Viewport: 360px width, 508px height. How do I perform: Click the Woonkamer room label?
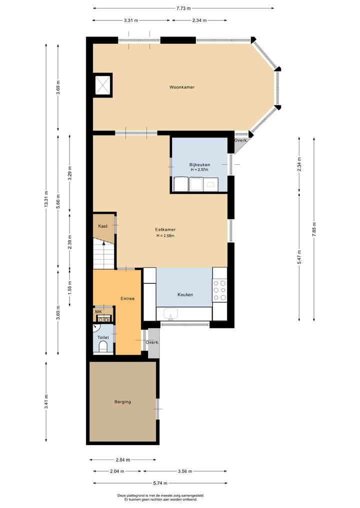coord(181,87)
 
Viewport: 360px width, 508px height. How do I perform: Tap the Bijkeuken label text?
coord(199,164)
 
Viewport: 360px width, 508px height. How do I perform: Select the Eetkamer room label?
coord(165,230)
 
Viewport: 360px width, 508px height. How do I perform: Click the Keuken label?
coord(185,295)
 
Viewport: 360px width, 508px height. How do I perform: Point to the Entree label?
coord(127,299)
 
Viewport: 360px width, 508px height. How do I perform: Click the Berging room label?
coord(122,402)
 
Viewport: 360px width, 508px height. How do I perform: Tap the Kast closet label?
coord(102,226)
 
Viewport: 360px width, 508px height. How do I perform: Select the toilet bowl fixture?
coord(103,346)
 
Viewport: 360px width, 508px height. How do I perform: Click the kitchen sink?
coord(170,315)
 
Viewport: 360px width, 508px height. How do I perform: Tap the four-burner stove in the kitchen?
coord(219,290)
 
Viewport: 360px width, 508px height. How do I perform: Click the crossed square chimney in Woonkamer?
coord(103,85)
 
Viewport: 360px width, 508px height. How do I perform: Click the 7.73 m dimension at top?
coord(183,8)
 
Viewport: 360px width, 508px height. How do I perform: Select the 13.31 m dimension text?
coord(46,200)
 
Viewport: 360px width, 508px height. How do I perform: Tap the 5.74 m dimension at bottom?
coord(160,483)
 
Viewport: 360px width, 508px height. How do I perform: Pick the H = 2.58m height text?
coord(165,236)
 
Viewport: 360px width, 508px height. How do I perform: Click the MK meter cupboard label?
coord(98,312)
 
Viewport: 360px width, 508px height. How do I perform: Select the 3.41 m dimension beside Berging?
coord(46,402)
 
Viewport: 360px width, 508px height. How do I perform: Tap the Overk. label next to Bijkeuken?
coord(240,140)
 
